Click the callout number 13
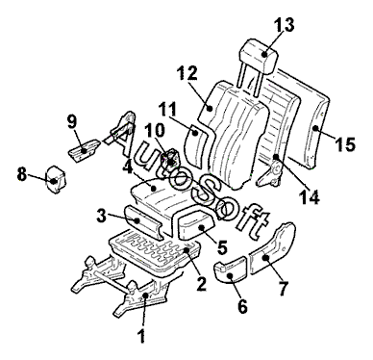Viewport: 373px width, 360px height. tap(284, 24)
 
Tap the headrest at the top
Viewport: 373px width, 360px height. tap(260, 55)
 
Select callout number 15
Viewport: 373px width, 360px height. tap(345, 144)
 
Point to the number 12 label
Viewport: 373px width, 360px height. tap(187, 73)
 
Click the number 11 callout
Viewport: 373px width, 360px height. tap(168, 109)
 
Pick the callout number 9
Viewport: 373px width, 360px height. tap(72, 121)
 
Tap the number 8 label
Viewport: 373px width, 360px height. tap(22, 175)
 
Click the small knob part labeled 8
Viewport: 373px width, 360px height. tap(56, 180)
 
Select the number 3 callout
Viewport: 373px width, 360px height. tap(102, 217)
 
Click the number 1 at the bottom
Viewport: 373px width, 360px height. tap(141, 336)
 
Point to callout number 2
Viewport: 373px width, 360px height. tap(201, 284)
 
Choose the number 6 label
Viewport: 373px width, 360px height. tap(242, 306)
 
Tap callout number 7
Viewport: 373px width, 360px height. tap(284, 288)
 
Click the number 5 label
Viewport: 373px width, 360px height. tap(221, 247)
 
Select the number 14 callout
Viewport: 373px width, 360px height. tap(310, 197)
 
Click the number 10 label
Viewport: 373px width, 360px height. tap(154, 131)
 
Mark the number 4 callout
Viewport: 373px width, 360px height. tap(128, 167)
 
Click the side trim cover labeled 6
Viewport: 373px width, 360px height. tap(230, 271)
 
